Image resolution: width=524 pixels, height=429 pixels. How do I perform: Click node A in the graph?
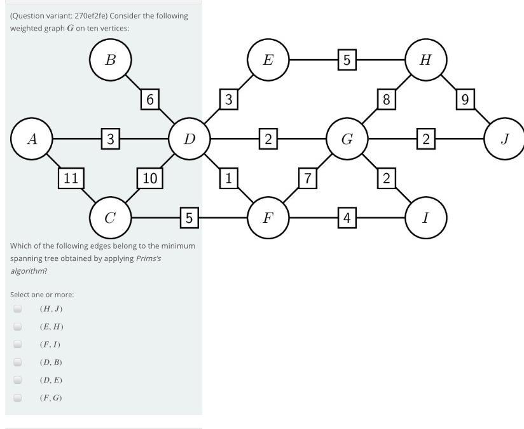pos(32,139)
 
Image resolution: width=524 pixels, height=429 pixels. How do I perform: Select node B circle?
pos(110,60)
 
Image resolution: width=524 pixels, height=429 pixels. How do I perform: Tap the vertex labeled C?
pos(110,218)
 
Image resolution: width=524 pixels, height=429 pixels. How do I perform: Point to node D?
pos(189,139)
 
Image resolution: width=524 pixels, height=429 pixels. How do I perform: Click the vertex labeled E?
pos(268,60)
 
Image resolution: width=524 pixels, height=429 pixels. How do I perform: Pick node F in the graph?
pos(268,218)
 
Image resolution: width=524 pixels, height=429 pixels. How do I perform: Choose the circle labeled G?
pos(347,139)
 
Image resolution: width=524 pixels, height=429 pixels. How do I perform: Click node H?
pos(425,60)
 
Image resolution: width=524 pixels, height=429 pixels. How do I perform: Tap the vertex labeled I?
pos(425,218)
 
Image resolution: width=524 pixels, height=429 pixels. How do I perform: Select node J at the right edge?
pos(504,139)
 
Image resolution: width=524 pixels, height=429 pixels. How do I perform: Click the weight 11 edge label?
pos(71,178)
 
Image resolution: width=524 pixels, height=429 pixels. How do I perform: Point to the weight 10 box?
pos(149,178)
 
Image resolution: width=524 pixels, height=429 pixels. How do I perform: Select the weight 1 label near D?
pos(228,178)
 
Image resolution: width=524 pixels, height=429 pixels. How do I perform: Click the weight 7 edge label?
pos(307,178)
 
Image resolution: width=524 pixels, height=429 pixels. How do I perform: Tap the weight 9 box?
pos(465,99)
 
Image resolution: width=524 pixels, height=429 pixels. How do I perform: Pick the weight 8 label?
pos(386,99)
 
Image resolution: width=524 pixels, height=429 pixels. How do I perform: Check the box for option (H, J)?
pos(18,309)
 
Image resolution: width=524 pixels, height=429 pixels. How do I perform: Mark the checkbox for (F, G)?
pos(18,398)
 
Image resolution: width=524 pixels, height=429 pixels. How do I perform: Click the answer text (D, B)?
pos(51,362)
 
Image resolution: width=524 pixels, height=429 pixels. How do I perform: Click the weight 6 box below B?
pos(149,99)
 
